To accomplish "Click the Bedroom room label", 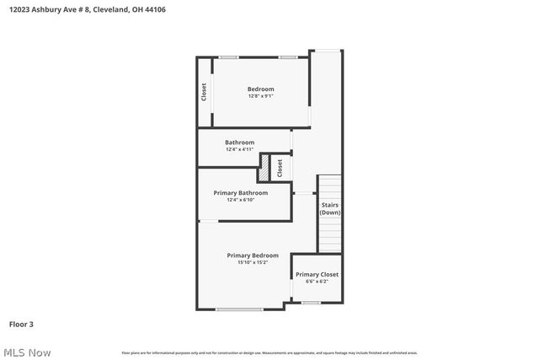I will coord(260,89).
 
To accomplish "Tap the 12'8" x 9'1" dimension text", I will coord(260,96).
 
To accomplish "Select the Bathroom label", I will coord(239,142).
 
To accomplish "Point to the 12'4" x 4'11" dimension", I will coord(239,150).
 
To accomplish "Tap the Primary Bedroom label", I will coord(252,255).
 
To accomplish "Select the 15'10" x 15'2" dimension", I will coord(252,262).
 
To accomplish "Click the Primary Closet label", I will coord(317,274).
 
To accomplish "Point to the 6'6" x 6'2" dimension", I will coord(317,282).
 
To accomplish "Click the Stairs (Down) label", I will coord(329,208).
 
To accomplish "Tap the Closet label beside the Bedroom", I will coord(204,91).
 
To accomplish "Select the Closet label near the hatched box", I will coord(280,167).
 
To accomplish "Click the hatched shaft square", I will coord(264,167).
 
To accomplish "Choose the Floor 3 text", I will coord(21,324).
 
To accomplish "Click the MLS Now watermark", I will coord(26,352).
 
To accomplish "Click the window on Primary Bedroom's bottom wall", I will coord(239,309).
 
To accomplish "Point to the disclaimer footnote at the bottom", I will coord(269,352).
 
